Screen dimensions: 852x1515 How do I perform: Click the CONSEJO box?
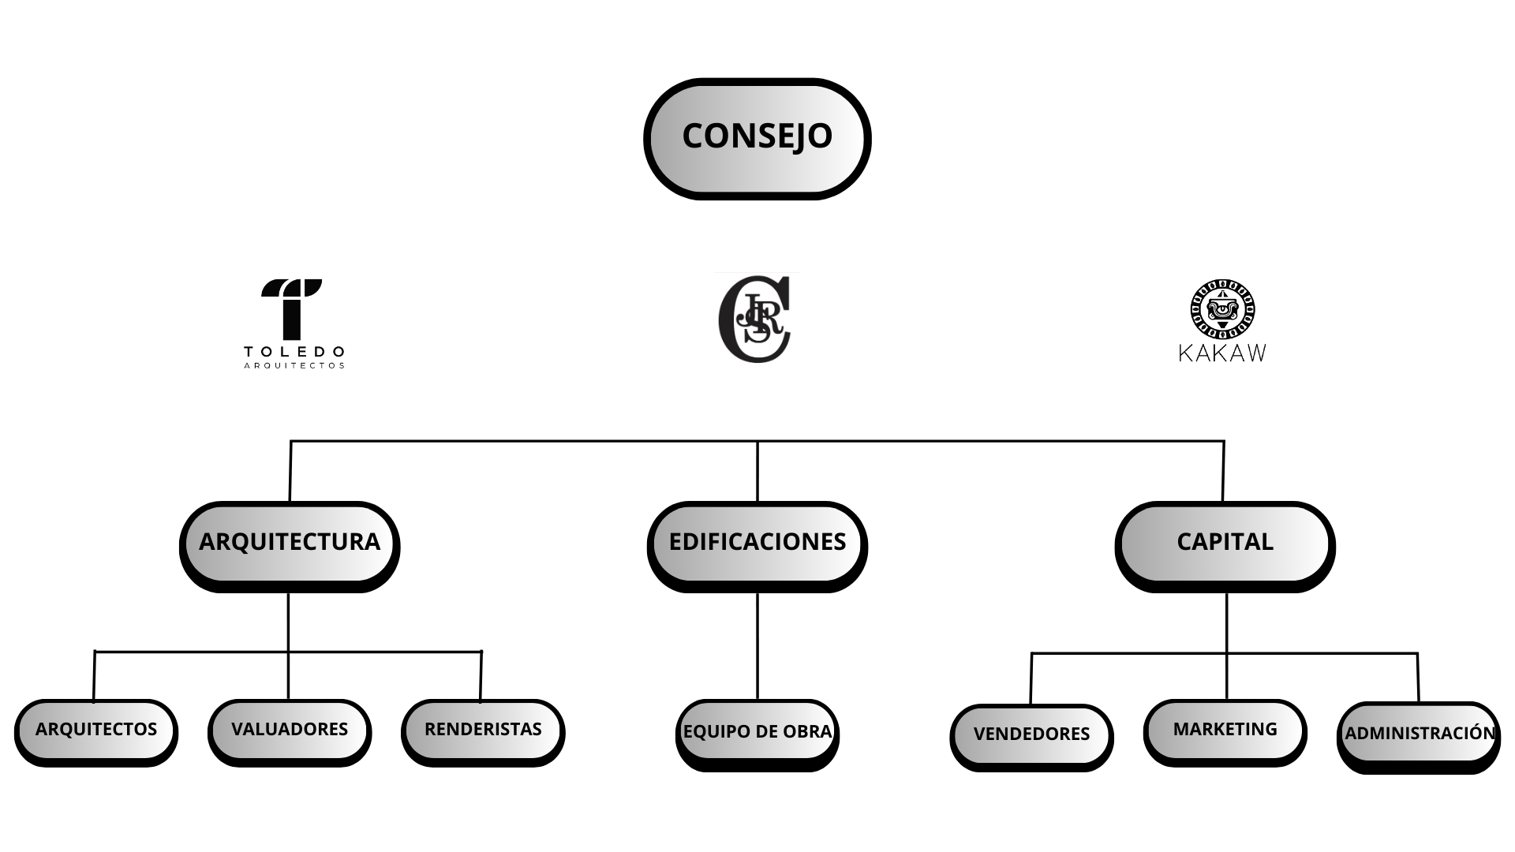757,138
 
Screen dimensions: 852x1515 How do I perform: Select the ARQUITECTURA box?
290,544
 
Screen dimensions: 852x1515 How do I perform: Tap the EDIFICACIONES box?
757,544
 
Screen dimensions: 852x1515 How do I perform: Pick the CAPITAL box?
1225,544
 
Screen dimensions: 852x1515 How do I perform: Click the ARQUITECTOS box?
96,731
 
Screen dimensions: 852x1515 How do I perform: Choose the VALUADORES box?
290,731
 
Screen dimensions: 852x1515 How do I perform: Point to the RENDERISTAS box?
483,731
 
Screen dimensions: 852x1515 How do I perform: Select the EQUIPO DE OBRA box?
757,733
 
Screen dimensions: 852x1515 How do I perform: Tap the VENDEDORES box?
1031,735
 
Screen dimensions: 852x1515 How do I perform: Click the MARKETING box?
1225,731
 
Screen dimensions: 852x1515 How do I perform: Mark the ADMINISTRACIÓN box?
1419,735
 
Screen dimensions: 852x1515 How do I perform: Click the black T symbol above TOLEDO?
292,308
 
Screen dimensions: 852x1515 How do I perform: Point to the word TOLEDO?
294,351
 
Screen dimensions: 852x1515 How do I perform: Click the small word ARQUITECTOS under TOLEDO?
294,366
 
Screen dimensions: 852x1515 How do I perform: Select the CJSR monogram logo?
755,319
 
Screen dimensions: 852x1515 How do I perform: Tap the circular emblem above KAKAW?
1223,309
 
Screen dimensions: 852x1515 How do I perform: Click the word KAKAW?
1222,353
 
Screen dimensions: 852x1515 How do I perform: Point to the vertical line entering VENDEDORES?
1031,678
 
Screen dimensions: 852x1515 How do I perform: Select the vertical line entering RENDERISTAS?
481,676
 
